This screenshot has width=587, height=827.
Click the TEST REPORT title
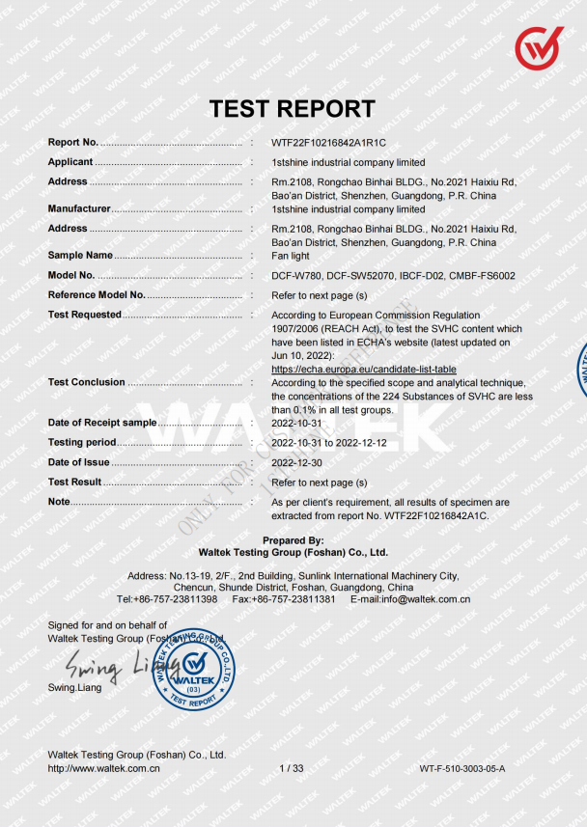point(293,109)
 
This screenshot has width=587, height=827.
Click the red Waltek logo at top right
point(539,47)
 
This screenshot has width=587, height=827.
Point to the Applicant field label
point(70,162)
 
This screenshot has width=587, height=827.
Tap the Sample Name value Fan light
point(291,256)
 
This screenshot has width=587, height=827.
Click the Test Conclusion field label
point(87,382)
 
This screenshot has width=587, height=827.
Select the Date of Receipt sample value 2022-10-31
point(298,423)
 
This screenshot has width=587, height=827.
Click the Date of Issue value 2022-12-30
point(298,462)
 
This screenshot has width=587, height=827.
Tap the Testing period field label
point(82,442)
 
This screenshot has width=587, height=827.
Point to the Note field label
point(59,502)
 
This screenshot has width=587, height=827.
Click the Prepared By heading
point(293,540)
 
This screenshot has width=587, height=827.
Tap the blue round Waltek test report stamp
point(195,668)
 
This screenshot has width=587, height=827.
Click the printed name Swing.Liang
point(74,687)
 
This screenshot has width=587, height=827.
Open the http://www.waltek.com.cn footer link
point(104,768)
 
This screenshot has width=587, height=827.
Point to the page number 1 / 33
point(292,768)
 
